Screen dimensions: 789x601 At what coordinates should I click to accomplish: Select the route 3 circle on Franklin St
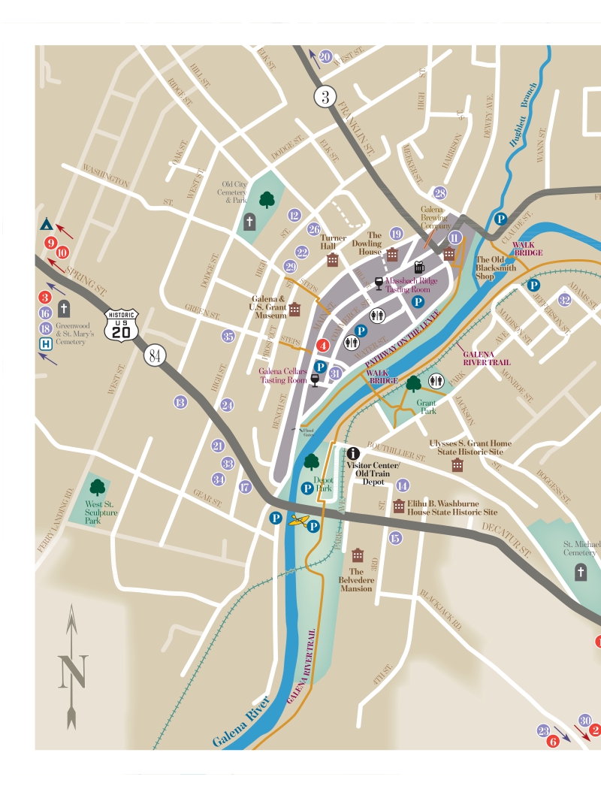click(x=325, y=96)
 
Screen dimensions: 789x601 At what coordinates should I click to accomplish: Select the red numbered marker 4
click(x=322, y=346)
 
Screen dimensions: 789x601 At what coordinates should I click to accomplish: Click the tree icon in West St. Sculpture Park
click(x=96, y=486)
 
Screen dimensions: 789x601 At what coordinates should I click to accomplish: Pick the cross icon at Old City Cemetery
click(x=250, y=221)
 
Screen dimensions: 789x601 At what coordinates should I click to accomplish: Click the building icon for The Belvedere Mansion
click(x=358, y=555)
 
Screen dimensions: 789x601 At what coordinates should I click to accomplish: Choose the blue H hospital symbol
click(x=46, y=344)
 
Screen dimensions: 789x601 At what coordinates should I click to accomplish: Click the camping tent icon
click(x=46, y=224)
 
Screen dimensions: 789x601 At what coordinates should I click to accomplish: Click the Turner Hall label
click(x=333, y=242)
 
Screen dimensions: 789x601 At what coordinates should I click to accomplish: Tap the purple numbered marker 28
click(x=439, y=193)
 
